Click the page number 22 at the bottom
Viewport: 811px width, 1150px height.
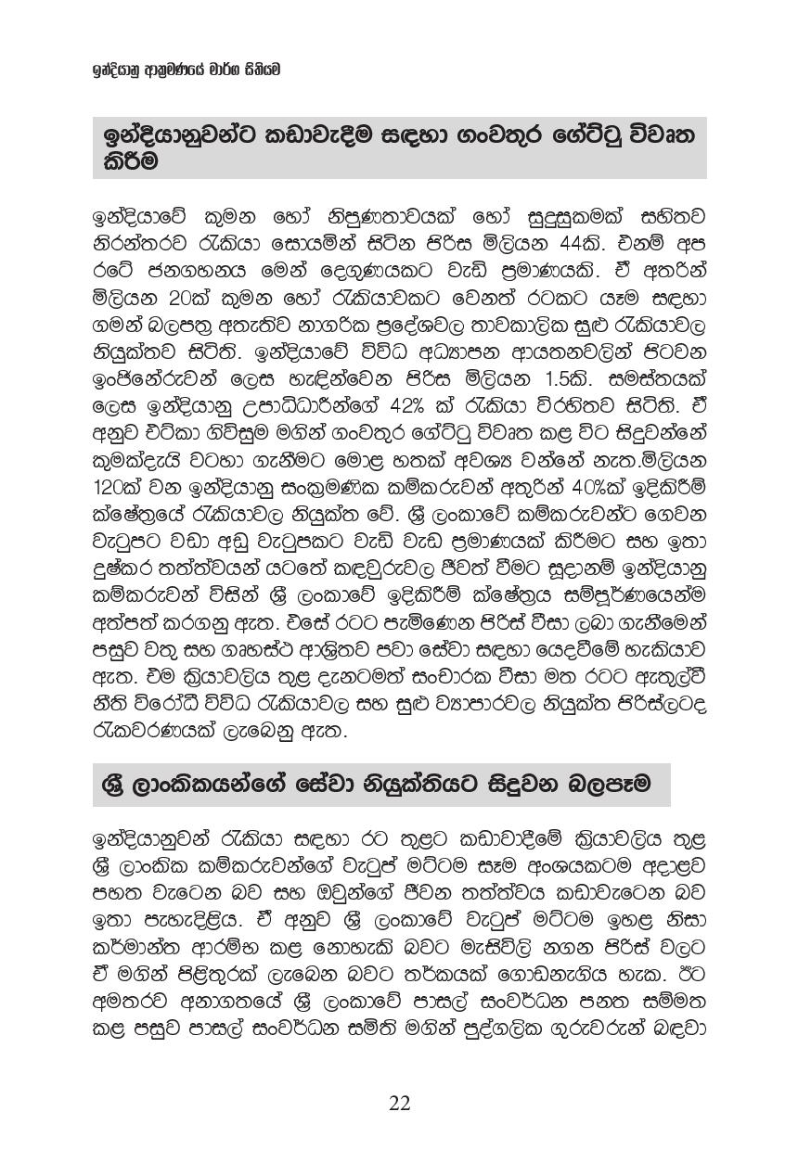pyautogui.click(x=400, y=1103)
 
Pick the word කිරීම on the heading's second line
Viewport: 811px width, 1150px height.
pyautogui.click(x=125, y=160)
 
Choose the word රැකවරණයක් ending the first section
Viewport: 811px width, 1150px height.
pyautogui.click(x=152, y=732)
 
